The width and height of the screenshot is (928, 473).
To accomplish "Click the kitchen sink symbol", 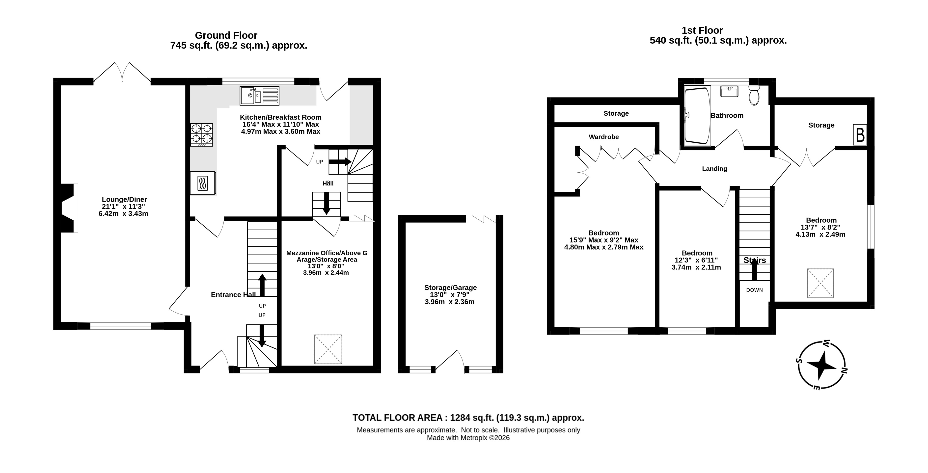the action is pos(259,96).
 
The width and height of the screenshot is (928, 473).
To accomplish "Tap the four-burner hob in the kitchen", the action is pos(202,135).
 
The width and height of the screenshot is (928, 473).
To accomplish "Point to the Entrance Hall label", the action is pos(233,295).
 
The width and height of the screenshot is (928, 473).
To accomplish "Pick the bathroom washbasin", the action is pos(729,91).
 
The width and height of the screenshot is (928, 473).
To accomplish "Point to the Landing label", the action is pos(714,169).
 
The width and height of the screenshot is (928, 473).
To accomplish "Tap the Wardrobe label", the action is pos(604,137).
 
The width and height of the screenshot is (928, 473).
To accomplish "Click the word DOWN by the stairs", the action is pos(754,290).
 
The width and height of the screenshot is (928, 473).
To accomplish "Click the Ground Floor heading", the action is pos(226,35).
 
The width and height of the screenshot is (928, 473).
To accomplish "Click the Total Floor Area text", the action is pos(468,418).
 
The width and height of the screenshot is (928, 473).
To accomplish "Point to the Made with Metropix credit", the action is pos(468,438).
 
